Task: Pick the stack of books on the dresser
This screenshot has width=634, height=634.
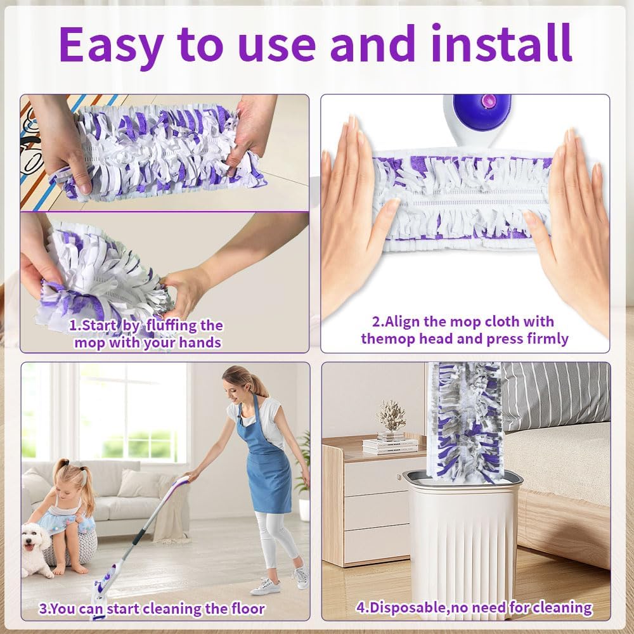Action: click(x=390, y=445)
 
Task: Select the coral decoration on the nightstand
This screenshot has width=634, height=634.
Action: click(x=391, y=417)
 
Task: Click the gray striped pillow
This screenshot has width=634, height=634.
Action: click(x=556, y=396)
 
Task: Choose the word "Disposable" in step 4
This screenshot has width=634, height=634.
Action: click(x=407, y=607)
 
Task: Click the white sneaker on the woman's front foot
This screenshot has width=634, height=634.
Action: click(x=265, y=586)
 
